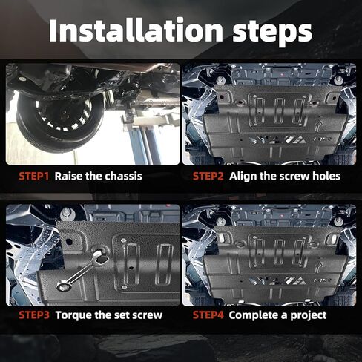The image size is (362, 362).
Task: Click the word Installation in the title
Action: (x=136, y=30)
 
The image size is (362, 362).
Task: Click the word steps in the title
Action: (x=272, y=33)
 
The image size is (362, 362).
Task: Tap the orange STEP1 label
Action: (x=34, y=177)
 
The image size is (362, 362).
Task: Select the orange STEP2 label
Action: (x=208, y=177)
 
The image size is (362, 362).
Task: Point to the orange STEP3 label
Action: (x=34, y=315)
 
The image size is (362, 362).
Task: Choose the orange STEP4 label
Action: (x=208, y=315)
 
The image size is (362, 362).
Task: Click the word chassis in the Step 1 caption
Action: (x=123, y=177)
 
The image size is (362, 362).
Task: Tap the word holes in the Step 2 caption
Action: (x=326, y=177)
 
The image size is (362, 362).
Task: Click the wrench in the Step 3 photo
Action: (x=83, y=270)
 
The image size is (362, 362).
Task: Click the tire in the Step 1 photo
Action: (x=59, y=124)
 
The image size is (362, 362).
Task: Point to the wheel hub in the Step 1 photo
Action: (x=65, y=113)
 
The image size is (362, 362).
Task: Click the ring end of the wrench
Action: (x=62, y=286)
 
